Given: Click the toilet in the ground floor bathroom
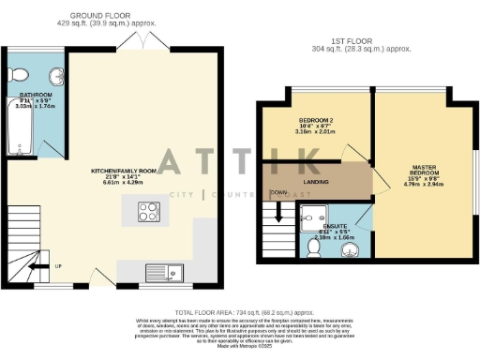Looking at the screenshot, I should (x=16, y=76).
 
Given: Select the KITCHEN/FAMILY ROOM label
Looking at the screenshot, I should (x=116, y=172).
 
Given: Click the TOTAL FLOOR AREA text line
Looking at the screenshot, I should (x=242, y=311).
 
